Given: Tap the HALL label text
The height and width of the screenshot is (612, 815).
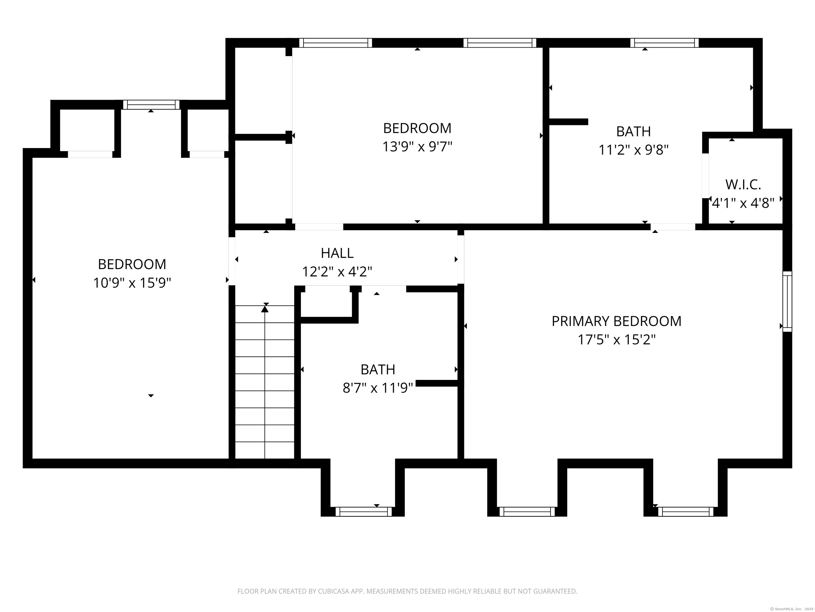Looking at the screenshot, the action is (x=337, y=253).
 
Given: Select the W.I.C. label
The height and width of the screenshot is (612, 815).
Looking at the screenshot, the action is (x=743, y=184).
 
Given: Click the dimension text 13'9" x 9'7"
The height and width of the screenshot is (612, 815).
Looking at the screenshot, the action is (x=417, y=147).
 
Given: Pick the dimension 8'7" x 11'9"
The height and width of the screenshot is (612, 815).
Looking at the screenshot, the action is (x=378, y=388).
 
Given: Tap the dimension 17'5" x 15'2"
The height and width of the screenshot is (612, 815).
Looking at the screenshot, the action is (x=616, y=339).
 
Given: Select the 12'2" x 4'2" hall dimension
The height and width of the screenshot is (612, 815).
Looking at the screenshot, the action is (x=337, y=272).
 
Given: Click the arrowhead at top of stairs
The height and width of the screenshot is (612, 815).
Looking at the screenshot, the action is (x=265, y=309).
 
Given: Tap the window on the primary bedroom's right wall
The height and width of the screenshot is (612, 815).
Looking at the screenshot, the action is (x=787, y=301).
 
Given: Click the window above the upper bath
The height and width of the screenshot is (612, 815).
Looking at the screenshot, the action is (x=664, y=43).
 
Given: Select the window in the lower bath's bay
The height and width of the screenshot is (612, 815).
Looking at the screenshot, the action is (x=363, y=511).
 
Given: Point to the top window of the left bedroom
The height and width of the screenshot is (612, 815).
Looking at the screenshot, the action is (x=151, y=104).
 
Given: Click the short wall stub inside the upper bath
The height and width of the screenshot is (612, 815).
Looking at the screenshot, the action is (x=568, y=122).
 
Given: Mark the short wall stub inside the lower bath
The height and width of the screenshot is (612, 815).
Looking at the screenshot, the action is (x=437, y=383).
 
